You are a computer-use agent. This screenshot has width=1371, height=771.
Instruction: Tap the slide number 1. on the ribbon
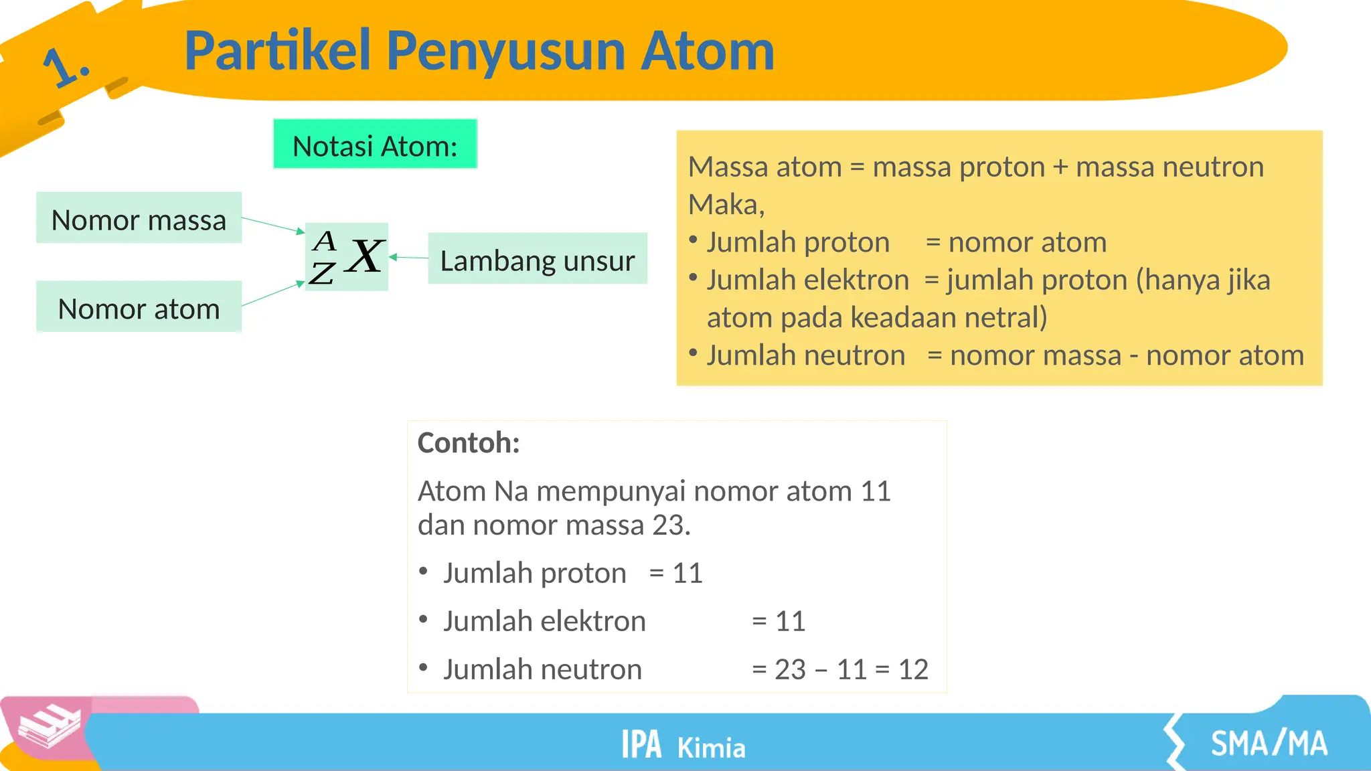click(66, 67)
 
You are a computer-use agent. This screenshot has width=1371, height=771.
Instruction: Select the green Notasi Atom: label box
click(375, 145)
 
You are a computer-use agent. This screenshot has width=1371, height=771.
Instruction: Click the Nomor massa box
click(139, 219)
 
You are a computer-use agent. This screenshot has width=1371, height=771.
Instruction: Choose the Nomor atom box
click(139, 308)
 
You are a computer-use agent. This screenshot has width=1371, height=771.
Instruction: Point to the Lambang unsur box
click(537, 260)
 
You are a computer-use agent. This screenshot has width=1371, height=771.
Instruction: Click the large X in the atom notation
click(365, 256)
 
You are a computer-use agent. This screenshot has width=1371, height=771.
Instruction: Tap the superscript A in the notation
click(325, 240)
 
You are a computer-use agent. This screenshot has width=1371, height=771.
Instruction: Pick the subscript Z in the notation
click(322, 273)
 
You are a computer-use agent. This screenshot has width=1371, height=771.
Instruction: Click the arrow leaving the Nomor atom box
click(272, 294)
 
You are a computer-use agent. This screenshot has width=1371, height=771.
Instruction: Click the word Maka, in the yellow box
click(726, 204)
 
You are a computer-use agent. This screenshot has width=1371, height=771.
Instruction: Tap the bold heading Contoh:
click(469, 443)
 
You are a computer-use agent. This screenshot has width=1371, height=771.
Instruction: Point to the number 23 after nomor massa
click(667, 525)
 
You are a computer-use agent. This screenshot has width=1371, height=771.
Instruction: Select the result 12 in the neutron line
click(913, 669)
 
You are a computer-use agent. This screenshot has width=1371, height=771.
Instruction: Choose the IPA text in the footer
click(641, 745)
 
